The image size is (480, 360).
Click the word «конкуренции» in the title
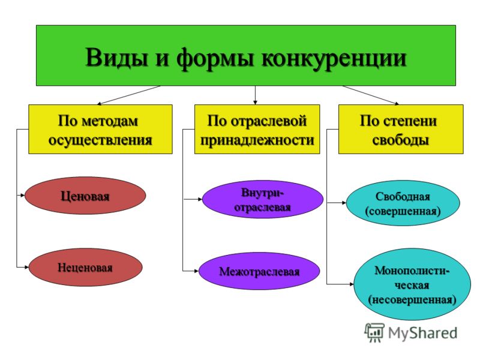(334, 58)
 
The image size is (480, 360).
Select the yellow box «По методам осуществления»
(100, 129)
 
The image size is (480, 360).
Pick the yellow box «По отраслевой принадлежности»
(257, 129)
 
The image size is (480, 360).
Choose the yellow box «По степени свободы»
(401, 129)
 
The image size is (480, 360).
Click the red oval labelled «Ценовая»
(85, 196)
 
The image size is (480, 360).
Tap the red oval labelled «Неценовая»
(85, 267)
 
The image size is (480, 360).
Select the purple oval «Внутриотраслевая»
(263, 199)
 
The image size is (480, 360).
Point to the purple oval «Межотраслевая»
(259, 271)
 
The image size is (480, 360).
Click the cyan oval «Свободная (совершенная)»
(403, 203)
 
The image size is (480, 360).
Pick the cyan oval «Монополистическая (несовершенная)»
(412, 284)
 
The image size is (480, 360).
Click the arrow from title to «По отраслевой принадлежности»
(256, 95)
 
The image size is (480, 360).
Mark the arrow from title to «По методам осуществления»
(129, 95)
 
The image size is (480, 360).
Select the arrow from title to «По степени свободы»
(370, 95)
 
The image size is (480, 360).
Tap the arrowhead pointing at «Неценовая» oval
(26, 267)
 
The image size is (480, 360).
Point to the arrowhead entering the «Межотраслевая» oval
(197, 271)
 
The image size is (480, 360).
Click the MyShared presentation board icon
(374, 333)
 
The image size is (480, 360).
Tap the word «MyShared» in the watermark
(423, 333)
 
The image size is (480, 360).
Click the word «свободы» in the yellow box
(400, 140)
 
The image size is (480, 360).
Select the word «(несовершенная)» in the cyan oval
(412, 299)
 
